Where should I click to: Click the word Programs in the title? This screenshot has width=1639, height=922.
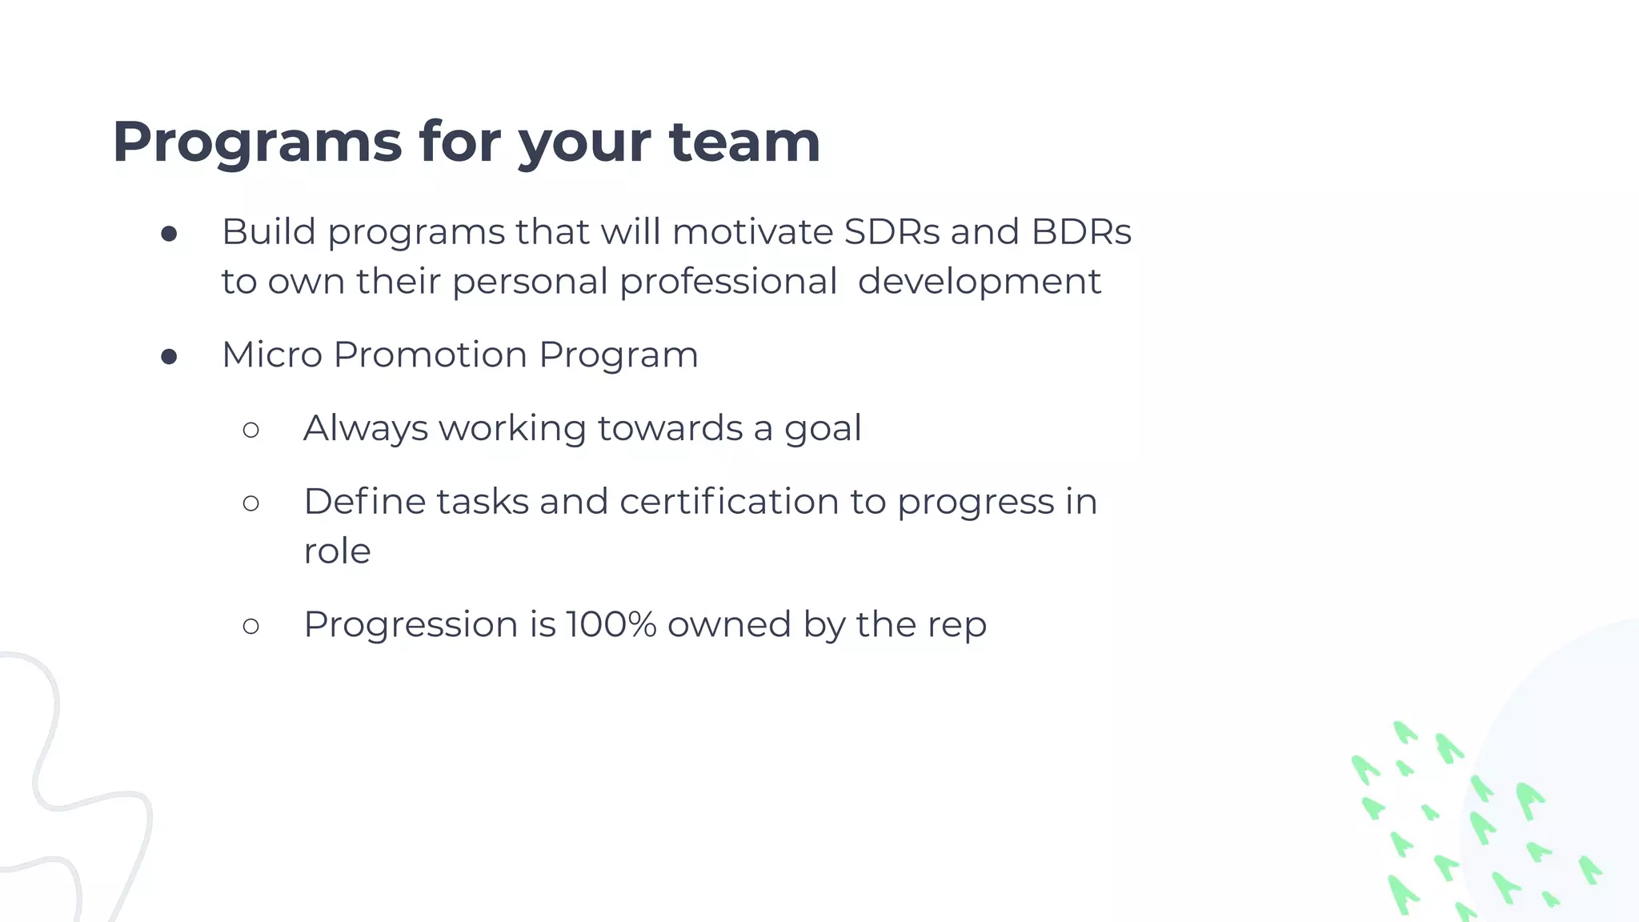tap(257, 142)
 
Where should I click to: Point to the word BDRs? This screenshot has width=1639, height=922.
tap(1081, 232)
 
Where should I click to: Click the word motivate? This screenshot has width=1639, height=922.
tap(752, 232)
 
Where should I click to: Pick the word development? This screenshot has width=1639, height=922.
tap(979, 282)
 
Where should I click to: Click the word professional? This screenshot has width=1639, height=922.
tap(728, 282)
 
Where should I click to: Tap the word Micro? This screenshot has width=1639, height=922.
tap(272, 355)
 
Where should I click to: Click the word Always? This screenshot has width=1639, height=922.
tap(366, 428)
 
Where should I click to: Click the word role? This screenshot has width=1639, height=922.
tap(337, 551)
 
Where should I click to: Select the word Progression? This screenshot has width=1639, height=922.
tap(411, 625)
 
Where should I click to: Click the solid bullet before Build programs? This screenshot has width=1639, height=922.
tap(169, 234)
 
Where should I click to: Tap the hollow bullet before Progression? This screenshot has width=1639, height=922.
tap(250, 626)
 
